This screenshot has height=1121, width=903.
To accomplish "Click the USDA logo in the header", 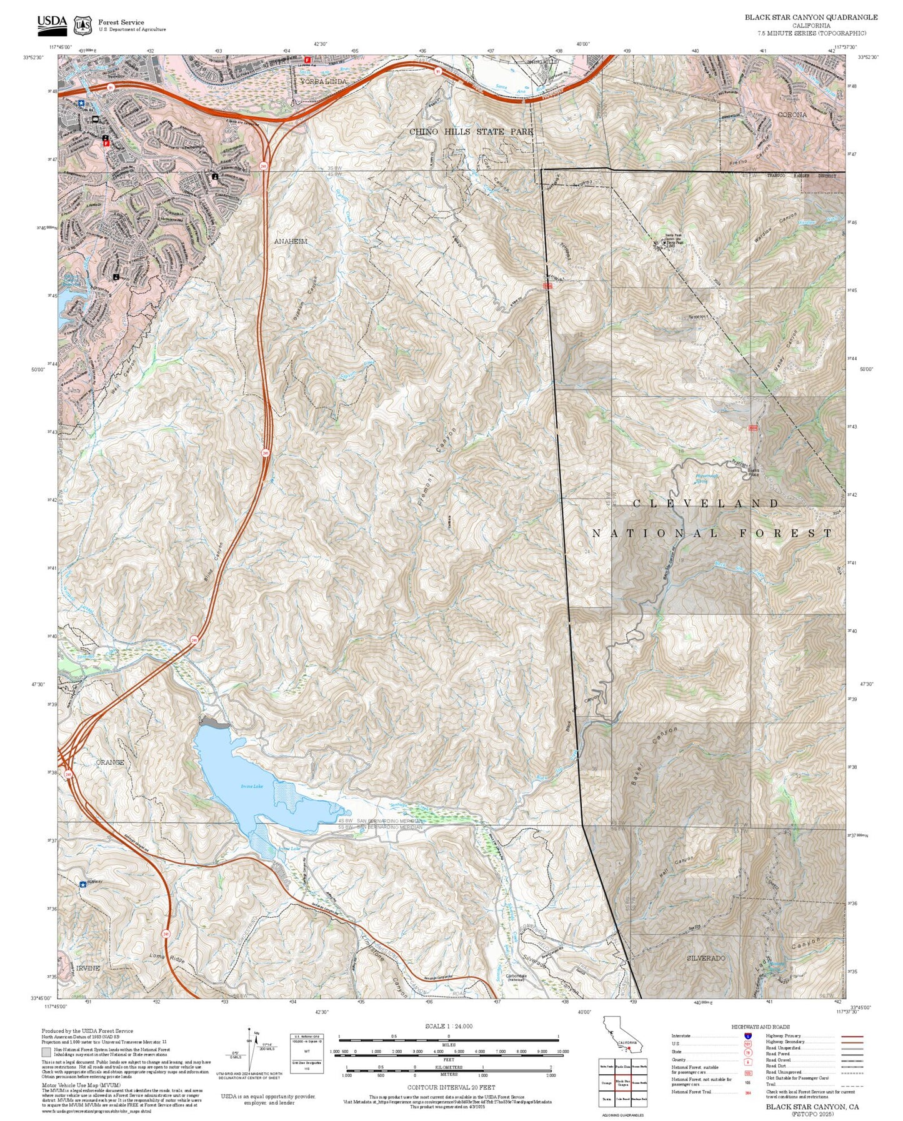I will (52, 24).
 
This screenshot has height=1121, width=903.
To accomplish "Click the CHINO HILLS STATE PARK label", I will (471, 132).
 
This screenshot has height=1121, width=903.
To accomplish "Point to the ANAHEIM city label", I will (291, 241).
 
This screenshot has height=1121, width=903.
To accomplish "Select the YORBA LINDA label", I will (323, 82).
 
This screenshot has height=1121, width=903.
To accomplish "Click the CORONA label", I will (792, 115).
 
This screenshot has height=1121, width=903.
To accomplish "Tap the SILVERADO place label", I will (706, 958).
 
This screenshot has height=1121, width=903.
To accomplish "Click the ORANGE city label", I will (110, 762).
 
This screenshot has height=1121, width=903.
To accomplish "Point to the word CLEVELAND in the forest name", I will (706, 504).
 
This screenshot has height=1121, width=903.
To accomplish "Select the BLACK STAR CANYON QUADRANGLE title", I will (811, 17).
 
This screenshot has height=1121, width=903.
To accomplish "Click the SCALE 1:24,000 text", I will (448, 1027).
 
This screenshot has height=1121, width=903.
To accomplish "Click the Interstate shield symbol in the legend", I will (747, 1036).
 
